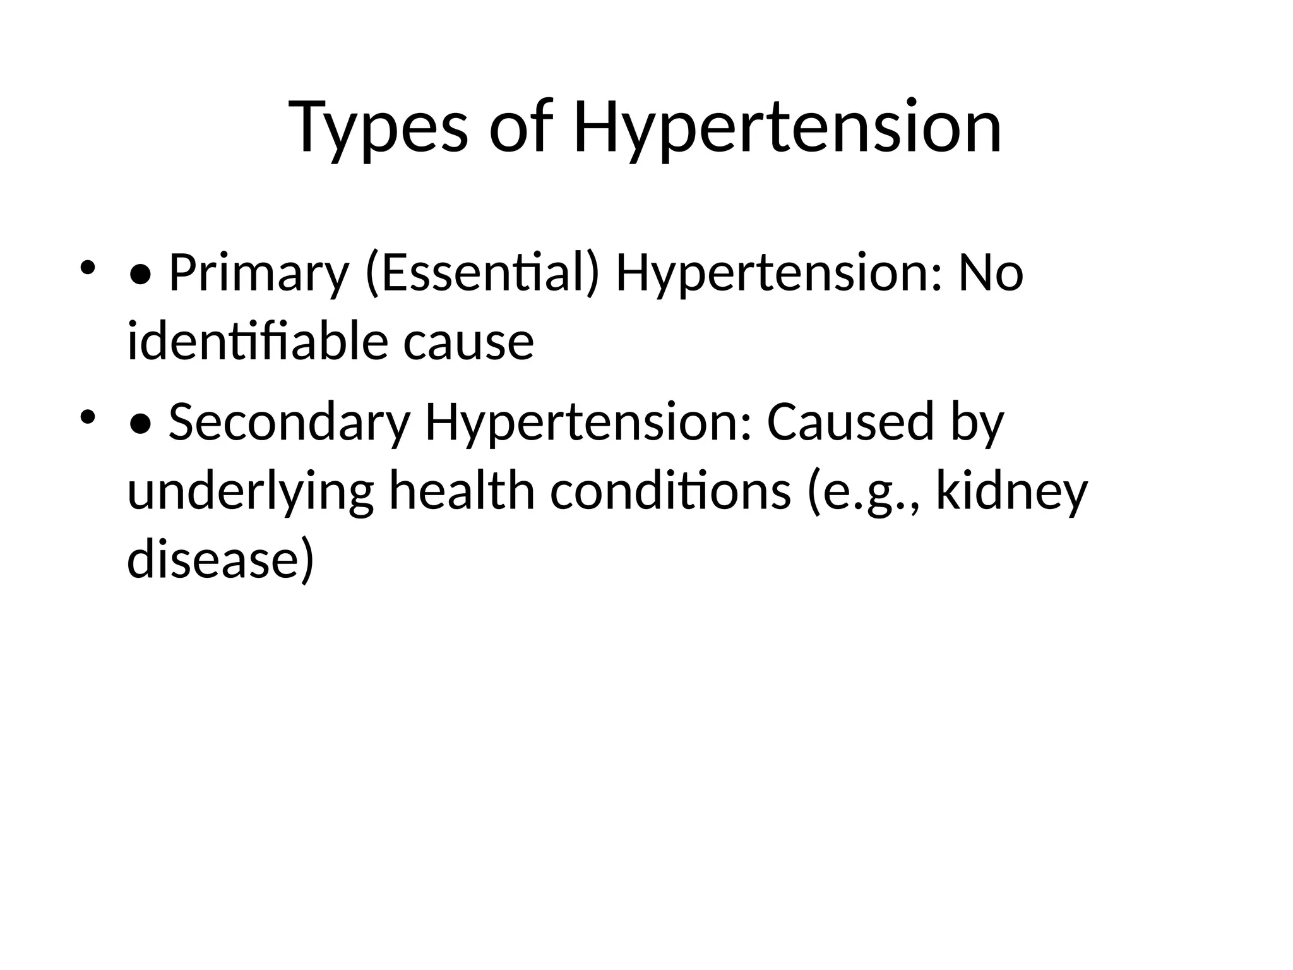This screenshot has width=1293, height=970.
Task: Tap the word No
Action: [x=991, y=274]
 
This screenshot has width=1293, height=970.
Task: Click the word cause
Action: [x=468, y=342]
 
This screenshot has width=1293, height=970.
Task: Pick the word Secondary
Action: [x=289, y=422]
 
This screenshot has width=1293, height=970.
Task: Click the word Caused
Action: [x=850, y=422]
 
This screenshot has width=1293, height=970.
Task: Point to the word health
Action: [x=462, y=491]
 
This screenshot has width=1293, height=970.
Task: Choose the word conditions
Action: [x=670, y=491]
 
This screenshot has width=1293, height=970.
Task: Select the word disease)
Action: [x=220, y=559]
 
